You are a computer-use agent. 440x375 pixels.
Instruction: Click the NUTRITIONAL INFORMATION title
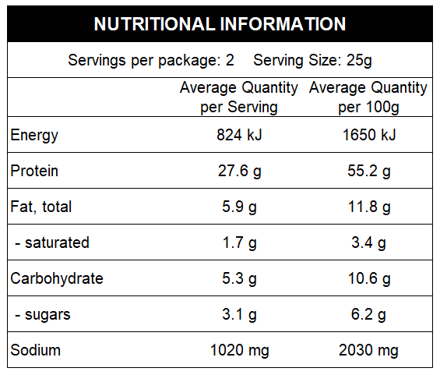point(220,23)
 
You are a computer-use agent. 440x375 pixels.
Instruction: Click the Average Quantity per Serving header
point(239,97)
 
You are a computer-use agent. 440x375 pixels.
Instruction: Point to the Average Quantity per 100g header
point(368,97)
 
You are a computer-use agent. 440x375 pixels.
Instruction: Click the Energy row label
point(34,135)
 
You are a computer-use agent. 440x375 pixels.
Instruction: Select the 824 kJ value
point(239,135)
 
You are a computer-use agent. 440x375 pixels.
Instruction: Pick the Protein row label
point(34,171)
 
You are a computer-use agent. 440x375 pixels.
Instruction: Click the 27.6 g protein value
point(239,171)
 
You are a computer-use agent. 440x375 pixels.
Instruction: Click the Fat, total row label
point(41,207)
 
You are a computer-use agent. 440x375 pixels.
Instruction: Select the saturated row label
point(53,242)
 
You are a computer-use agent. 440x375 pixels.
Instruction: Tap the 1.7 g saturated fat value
point(239,242)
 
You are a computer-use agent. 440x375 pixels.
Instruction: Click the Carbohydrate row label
point(57,278)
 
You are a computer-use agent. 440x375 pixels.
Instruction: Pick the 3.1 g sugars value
point(239,314)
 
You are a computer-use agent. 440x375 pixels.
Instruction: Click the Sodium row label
point(35,350)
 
